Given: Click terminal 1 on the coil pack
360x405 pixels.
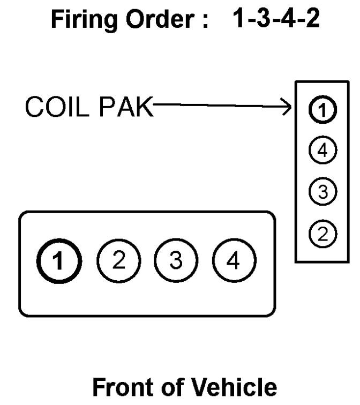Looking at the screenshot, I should [322, 110].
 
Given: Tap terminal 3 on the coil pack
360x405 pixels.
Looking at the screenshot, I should [322, 191].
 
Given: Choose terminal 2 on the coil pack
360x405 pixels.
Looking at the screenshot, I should [322, 233].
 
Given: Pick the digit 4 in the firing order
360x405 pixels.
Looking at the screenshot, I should [288, 20].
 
